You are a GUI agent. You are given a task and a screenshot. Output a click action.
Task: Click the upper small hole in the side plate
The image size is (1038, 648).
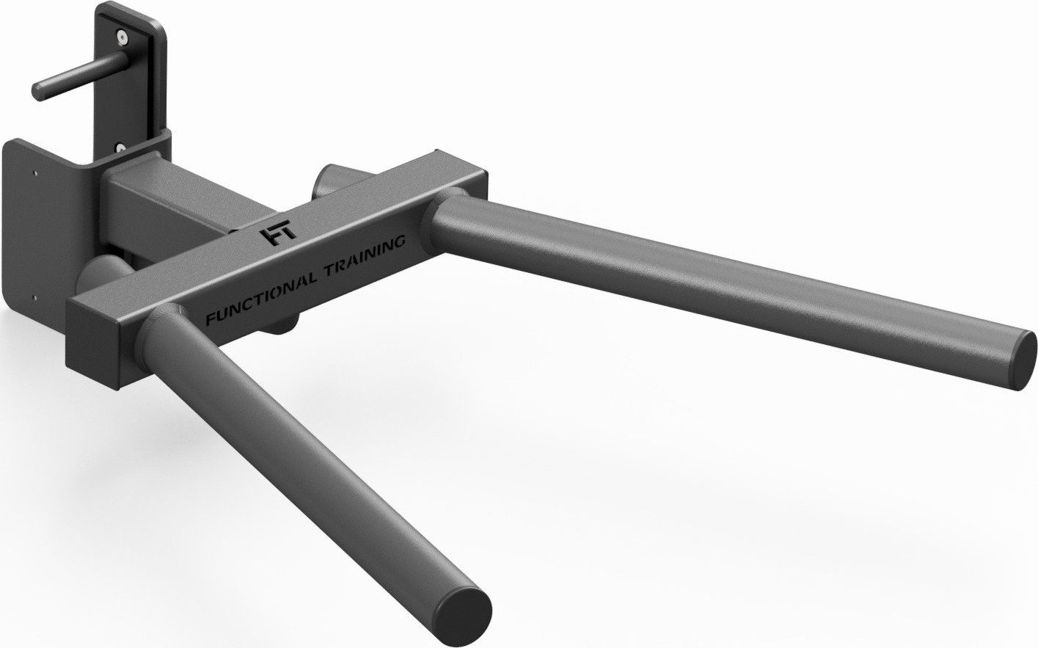(x=35, y=174)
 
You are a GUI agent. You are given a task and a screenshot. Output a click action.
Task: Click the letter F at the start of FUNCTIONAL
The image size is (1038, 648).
(x=210, y=319)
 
